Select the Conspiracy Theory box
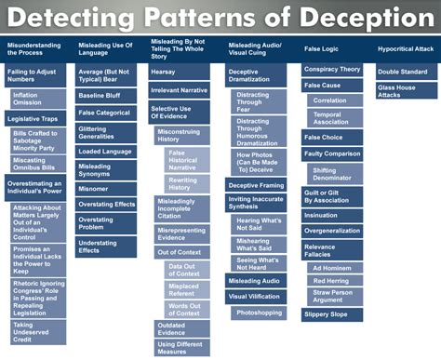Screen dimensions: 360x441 click(x=333, y=69)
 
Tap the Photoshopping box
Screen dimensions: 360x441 click(x=259, y=313)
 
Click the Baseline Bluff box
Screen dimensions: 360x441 click(x=106, y=95)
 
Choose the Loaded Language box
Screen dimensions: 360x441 click(x=106, y=151)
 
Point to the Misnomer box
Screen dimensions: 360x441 click(x=106, y=187)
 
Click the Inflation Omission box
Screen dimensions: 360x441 click(x=38, y=99)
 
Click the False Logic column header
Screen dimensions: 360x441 click(x=332, y=48)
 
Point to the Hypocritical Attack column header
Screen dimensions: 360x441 click(x=406, y=48)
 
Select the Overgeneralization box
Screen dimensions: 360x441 click(x=333, y=229)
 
